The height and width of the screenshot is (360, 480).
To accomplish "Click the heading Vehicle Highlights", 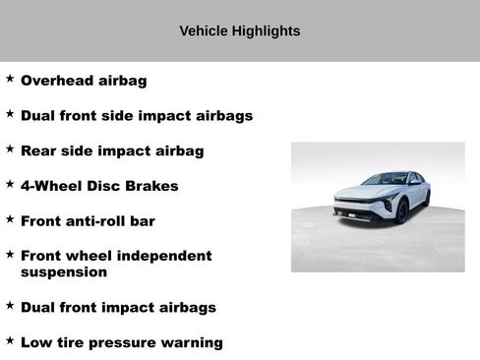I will click(240, 31).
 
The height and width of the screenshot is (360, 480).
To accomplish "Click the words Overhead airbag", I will click(84, 81).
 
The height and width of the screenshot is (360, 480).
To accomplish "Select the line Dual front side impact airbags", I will click(137, 116).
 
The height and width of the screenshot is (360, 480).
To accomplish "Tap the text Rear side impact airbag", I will click(112, 150).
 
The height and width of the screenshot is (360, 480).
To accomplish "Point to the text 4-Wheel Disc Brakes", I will click(99, 186).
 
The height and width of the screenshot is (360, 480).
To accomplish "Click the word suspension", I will click(64, 272).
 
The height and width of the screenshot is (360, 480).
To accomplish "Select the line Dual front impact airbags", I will click(118, 308).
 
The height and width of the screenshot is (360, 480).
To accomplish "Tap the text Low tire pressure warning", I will click(121, 343).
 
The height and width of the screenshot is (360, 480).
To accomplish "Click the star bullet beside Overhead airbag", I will click(10, 78).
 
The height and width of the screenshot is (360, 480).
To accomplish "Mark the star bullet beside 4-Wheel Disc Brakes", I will click(10, 183).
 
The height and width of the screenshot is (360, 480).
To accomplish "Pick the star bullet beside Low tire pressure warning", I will click(10, 340).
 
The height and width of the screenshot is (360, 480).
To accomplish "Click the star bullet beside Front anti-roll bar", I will click(10, 218).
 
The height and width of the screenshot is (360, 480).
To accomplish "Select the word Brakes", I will click(154, 186).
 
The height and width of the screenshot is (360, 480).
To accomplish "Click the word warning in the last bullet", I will click(191, 343).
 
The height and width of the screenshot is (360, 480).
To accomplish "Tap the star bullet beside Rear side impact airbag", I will click(10, 148).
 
